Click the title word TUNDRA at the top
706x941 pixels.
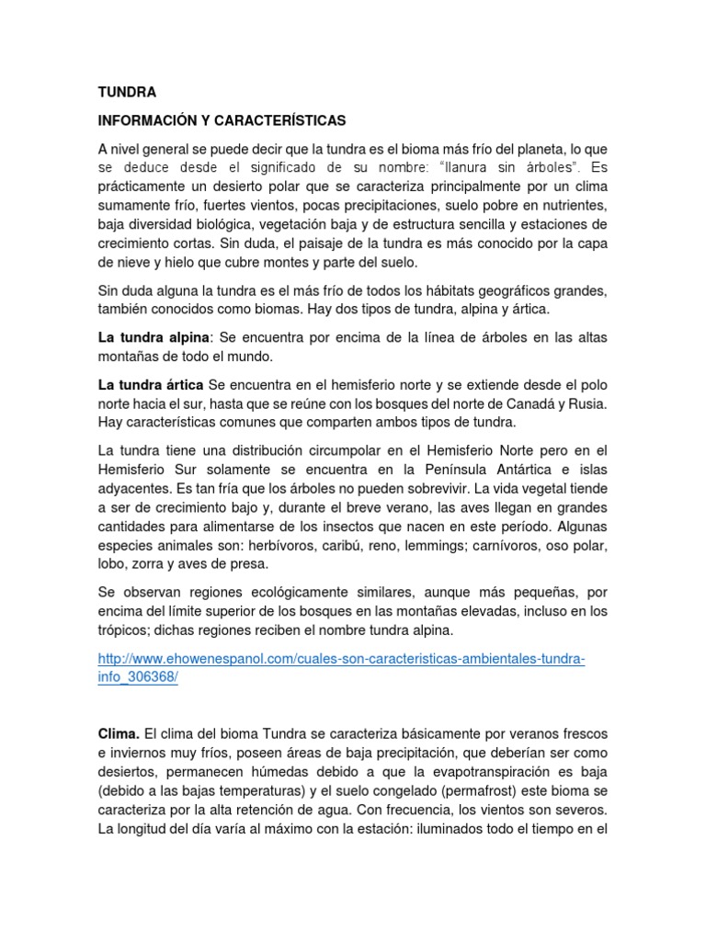127,92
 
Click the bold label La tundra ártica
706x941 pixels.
151,384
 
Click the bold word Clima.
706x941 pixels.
119,734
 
